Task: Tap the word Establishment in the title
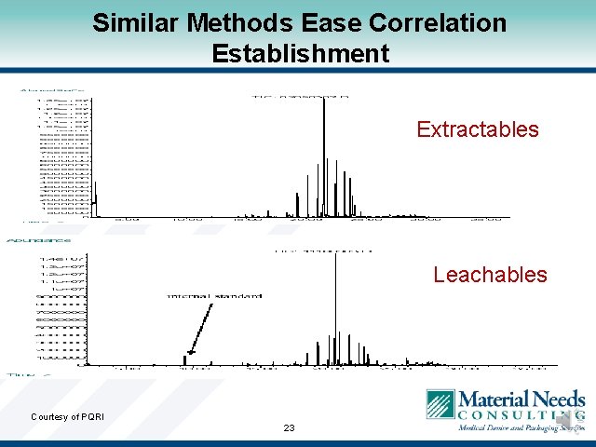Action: pos(300,54)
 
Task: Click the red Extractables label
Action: pos(478,129)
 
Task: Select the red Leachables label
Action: pos(490,275)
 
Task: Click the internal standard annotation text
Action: pos(214,296)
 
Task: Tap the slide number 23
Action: pos(289,428)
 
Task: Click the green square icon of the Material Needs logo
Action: pos(440,405)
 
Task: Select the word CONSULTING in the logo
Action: pos(521,415)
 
